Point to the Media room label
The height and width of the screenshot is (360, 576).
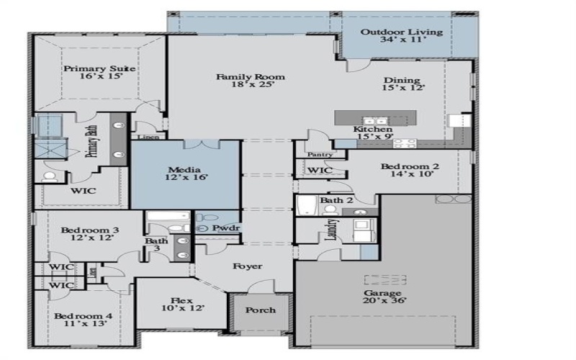point(184,171)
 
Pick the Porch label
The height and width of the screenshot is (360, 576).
point(261,310)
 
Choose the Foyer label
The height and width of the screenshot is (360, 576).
point(247,266)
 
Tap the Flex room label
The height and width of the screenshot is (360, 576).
point(181,304)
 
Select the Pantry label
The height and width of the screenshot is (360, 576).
point(319,154)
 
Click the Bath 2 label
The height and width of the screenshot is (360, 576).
point(336,200)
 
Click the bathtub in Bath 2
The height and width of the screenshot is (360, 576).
point(307,206)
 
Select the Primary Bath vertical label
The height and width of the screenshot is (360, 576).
point(92,141)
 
